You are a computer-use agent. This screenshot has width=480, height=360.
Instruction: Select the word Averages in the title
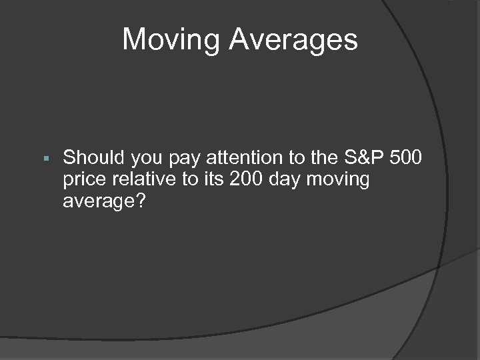tap(294, 40)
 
